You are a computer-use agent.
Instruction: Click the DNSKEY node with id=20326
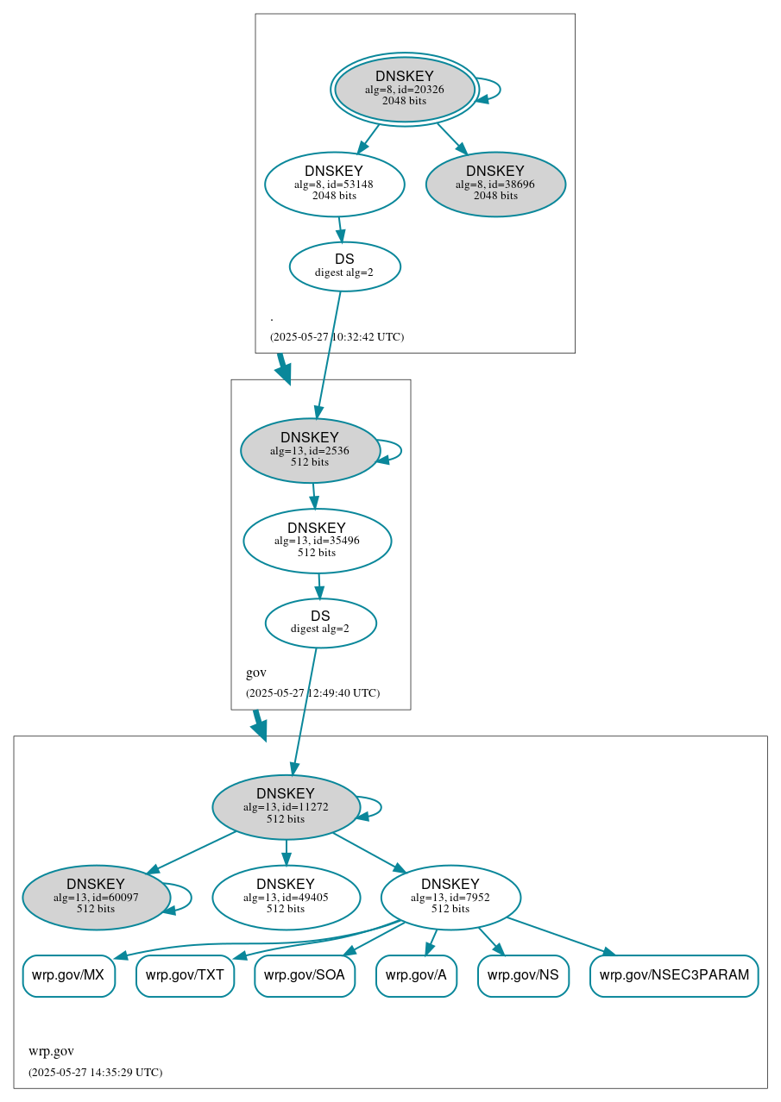pyautogui.click(x=404, y=89)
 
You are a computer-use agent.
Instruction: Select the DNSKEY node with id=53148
pyautogui.click(x=334, y=184)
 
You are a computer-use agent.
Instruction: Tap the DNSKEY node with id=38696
pyautogui.click(x=495, y=184)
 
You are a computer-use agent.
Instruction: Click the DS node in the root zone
pyautogui.click(x=344, y=266)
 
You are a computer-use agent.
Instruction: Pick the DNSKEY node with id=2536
pyautogui.click(x=310, y=450)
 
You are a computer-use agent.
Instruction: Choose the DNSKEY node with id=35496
pyautogui.click(x=317, y=541)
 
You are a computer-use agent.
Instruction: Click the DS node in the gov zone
pyautogui.click(x=320, y=623)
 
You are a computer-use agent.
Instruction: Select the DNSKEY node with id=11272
pyautogui.click(x=286, y=806)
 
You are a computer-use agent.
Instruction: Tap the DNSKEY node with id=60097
pyautogui.click(x=96, y=897)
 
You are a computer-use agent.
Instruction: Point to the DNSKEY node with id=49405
pyautogui.click(x=286, y=897)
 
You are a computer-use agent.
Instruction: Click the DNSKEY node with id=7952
pyautogui.click(x=450, y=897)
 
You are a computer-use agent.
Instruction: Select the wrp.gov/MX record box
pyautogui.click(x=68, y=975)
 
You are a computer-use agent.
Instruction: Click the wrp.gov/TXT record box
pyautogui.click(x=185, y=975)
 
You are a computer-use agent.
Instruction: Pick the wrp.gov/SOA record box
pyautogui.click(x=305, y=975)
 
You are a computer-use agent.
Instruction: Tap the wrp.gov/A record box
pyautogui.click(x=416, y=975)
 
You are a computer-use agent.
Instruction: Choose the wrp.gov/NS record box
pyautogui.click(x=523, y=975)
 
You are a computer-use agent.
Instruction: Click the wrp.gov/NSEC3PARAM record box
pyautogui.click(x=674, y=975)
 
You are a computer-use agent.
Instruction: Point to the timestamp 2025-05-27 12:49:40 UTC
pyautogui.click(x=312, y=692)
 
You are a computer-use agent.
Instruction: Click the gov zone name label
pyautogui.click(x=256, y=673)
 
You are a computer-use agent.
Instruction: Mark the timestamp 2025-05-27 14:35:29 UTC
pyautogui.click(x=95, y=1072)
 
